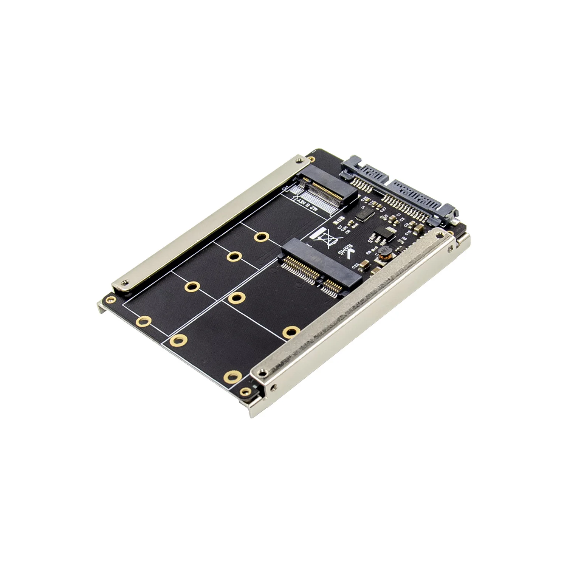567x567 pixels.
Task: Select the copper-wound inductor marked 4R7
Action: click(384, 252)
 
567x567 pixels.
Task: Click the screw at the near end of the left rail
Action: click(123, 282)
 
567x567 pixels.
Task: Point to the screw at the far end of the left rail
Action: click(301, 161)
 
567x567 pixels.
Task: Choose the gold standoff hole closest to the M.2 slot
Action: click(261, 237)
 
